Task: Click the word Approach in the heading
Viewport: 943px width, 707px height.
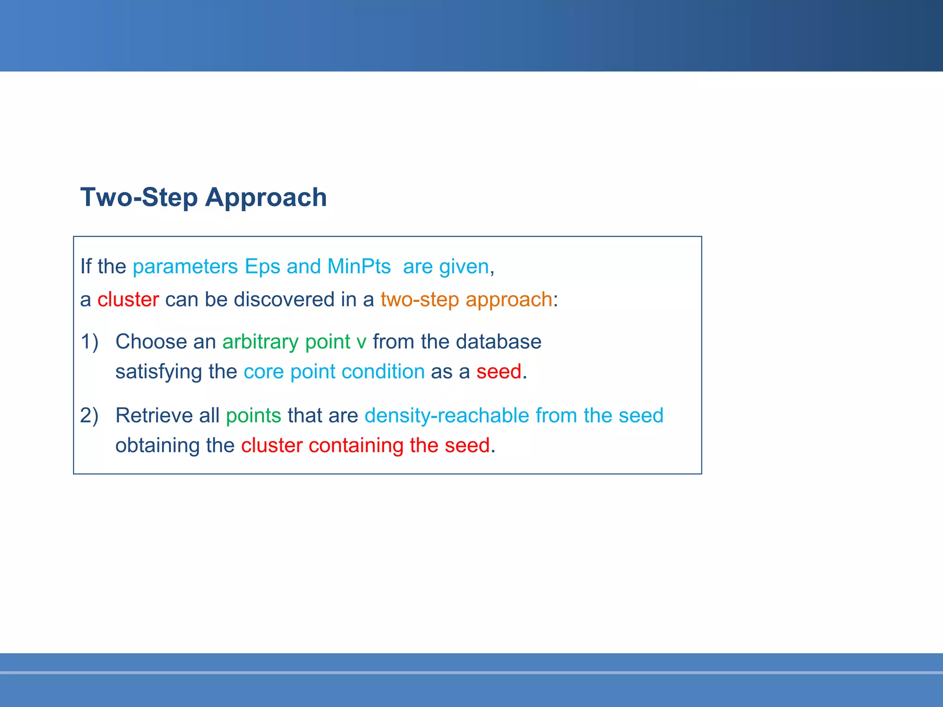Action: (x=266, y=198)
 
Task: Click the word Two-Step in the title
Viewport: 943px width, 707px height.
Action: (x=139, y=198)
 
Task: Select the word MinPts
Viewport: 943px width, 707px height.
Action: (x=359, y=267)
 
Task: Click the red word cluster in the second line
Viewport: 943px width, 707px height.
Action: (x=128, y=300)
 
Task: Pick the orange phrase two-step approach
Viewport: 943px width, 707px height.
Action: (x=466, y=300)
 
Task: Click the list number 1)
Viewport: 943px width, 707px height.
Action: (x=89, y=342)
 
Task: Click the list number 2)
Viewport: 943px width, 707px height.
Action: (x=89, y=416)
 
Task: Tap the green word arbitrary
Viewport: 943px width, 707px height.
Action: (x=260, y=342)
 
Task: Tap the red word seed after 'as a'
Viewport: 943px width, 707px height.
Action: (x=499, y=372)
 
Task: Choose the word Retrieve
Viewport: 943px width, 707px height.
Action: (x=154, y=416)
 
